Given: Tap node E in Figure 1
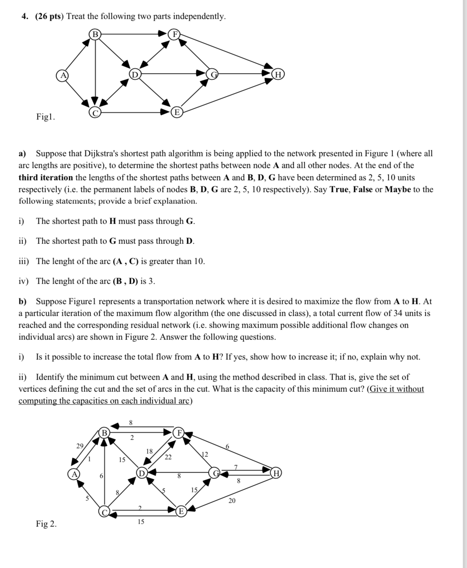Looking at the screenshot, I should tap(176, 112).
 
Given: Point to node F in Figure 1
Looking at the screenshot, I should tap(175, 34).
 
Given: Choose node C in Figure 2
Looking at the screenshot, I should tap(104, 511).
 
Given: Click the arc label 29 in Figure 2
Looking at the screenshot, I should tap(80, 446).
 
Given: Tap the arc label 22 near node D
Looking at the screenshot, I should tap(168, 457).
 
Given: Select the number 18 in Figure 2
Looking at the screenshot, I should tap(149, 451).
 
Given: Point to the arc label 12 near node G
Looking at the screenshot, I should tap(204, 454).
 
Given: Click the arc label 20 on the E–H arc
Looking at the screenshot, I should tap(232, 500).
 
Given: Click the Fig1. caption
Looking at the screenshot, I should tap(45, 117).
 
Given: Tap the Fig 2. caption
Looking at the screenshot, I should tap(46, 524).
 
